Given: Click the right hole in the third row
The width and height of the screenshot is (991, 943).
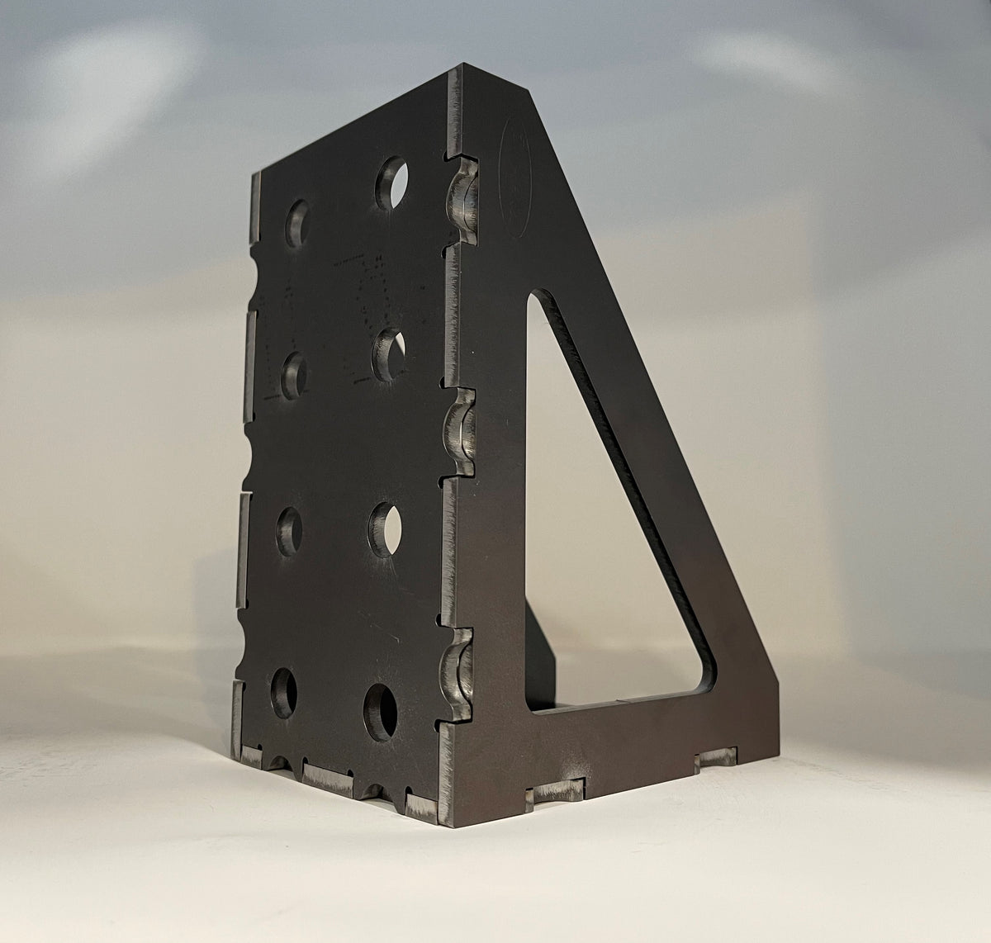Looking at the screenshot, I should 384,527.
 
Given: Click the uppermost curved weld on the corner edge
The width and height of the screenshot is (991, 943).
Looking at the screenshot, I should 462,198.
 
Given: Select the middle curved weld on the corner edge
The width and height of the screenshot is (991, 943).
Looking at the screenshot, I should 460,430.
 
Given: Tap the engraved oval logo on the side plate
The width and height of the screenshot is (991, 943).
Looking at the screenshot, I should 515,177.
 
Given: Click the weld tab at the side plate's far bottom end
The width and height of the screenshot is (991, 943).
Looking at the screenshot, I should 716,758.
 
